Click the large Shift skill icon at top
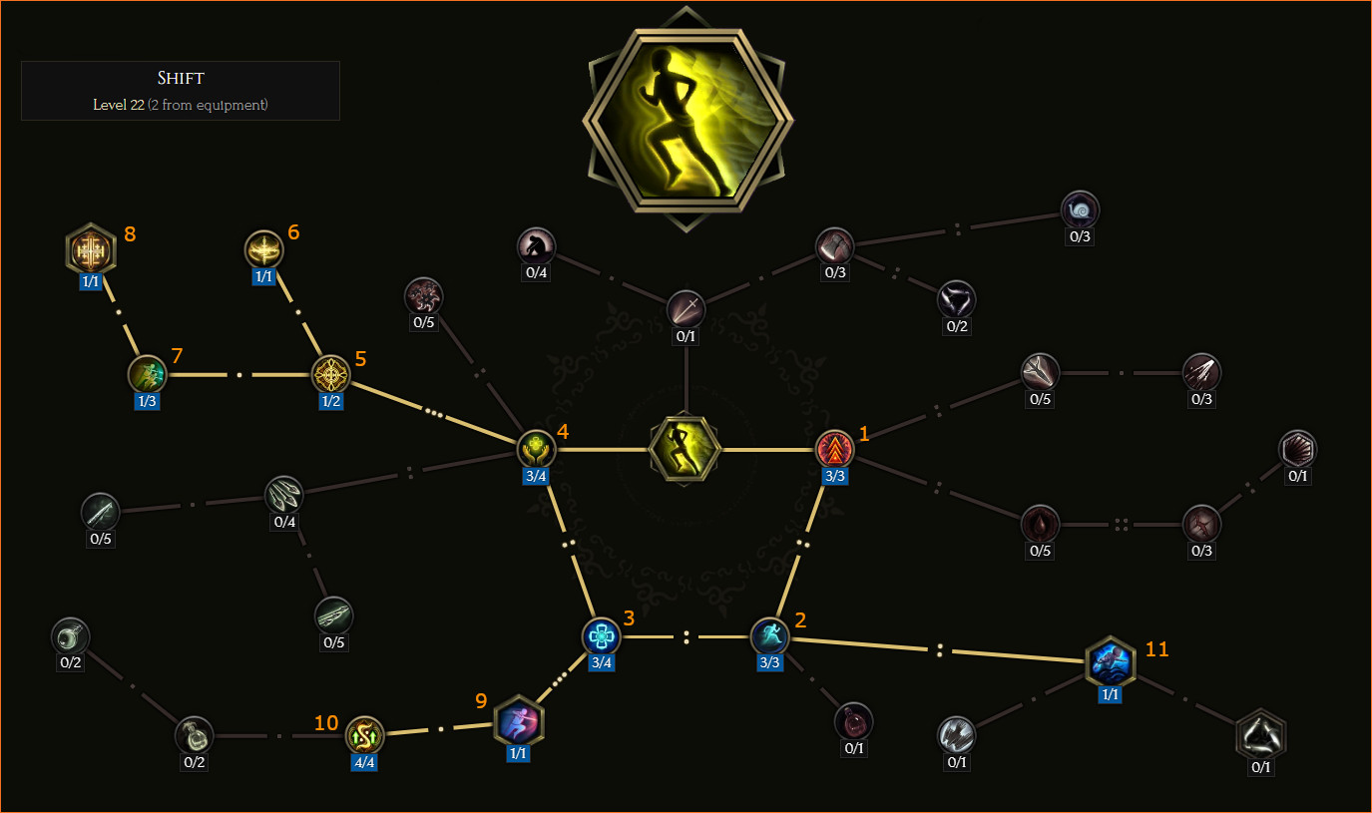[686, 120]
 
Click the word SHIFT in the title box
[181, 79]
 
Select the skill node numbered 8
[91, 249]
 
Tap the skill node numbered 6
[263, 249]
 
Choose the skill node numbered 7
[147, 374]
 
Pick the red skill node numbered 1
[834, 449]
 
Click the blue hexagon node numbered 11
[1110, 661]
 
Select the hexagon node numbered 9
[518, 721]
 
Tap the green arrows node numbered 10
[364, 735]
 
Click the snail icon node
[1080, 210]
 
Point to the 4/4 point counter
[364, 762]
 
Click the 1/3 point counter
[147, 401]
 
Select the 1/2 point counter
[330, 401]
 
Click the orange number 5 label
[361, 359]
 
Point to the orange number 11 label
[1157, 649]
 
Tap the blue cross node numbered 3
[601, 636]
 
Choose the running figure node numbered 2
[770, 636]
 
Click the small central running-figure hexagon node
[685, 449]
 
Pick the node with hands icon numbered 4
[536, 449]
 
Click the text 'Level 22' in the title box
[118, 105]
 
